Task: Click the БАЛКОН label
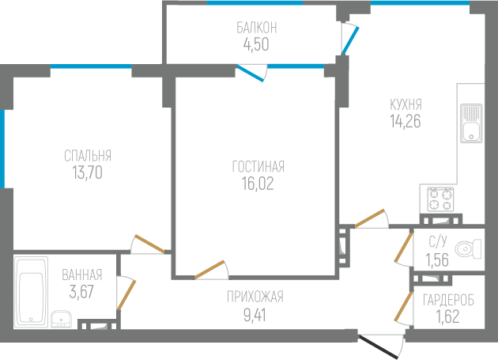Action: [x=257, y=28]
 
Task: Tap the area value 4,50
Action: [x=256, y=44]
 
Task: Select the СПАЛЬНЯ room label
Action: [x=88, y=156]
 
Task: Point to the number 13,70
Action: [x=87, y=172]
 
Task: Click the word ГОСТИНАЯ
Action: [x=258, y=167]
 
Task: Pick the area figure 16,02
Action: [x=258, y=184]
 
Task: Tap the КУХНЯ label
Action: [x=406, y=104]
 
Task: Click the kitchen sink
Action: [x=471, y=123]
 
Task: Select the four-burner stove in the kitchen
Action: [x=440, y=199]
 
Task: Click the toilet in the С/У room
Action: [x=468, y=248]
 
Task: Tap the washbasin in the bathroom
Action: [x=62, y=319]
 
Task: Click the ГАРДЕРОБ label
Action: [x=448, y=300]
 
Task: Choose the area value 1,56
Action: [x=437, y=260]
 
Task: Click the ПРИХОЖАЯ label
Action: [x=255, y=297]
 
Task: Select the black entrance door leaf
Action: [x=378, y=346]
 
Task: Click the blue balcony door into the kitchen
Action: [x=350, y=41]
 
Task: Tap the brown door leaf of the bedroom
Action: [x=149, y=244]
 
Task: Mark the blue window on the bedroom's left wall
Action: [x=2, y=149]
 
